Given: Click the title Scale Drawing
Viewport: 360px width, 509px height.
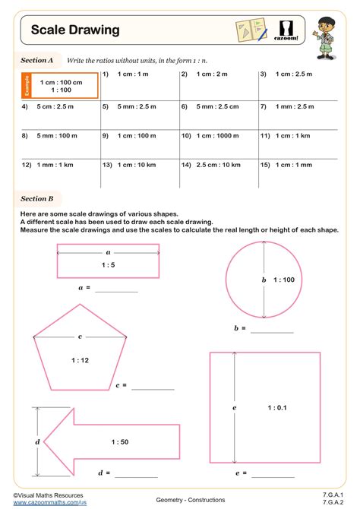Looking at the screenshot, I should click(x=75, y=30).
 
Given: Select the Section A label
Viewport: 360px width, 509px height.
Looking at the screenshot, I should click(x=37, y=59).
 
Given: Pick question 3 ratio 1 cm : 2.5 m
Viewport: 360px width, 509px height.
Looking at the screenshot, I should click(x=292, y=74).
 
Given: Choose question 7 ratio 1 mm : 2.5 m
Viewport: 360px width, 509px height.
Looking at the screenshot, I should click(x=293, y=107).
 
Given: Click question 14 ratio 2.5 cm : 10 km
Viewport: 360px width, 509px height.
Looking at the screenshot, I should click(x=215, y=164).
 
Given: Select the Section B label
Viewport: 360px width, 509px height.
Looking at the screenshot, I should click(x=37, y=199).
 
